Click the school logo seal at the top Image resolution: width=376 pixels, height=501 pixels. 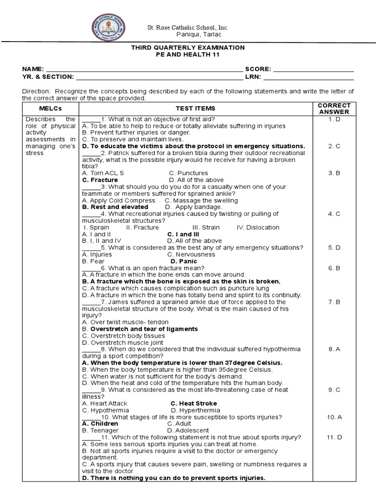(x=108, y=28)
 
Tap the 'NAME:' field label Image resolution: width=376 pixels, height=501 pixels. (x=33, y=69)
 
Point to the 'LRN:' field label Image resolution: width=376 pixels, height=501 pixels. (x=253, y=77)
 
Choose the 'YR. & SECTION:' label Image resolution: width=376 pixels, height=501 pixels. (x=48, y=77)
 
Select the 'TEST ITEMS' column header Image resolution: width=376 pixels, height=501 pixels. (x=195, y=109)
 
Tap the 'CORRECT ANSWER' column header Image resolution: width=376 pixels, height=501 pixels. (x=334, y=109)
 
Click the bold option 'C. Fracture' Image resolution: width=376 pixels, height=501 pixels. (x=100, y=180)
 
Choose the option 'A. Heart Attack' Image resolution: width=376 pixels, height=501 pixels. (x=105, y=404)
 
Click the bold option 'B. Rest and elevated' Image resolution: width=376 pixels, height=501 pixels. (x=115, y=207)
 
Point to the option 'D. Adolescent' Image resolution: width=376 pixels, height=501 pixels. (x=188, y=431)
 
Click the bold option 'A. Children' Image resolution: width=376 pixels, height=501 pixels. (x=100, y=424)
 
